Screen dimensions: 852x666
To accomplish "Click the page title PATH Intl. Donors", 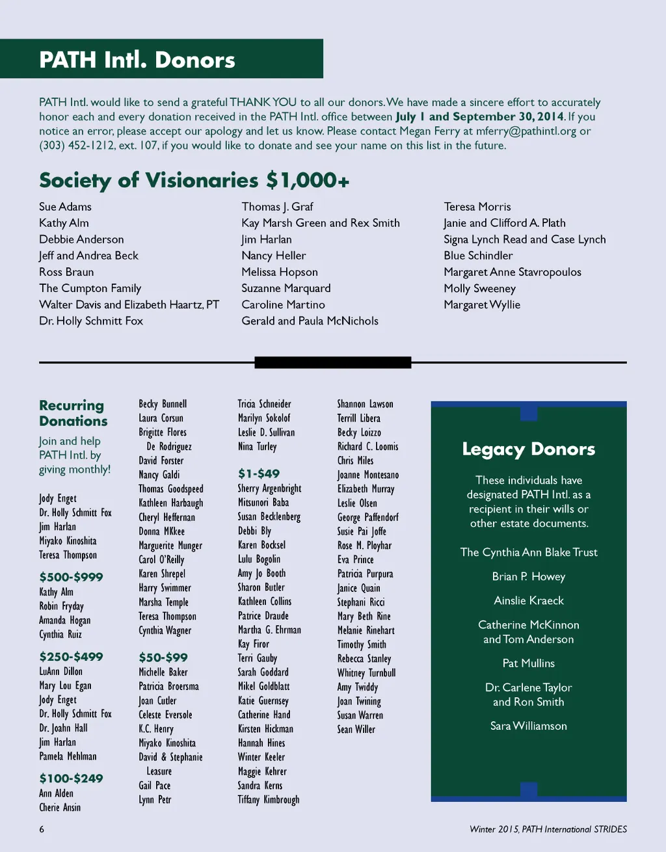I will pos(137,60).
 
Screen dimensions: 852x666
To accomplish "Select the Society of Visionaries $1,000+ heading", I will pos(194,180).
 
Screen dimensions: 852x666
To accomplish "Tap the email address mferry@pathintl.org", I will pos(526,131).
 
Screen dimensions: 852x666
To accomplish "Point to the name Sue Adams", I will pos(65,207).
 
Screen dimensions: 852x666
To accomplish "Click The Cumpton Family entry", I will pos(90,288).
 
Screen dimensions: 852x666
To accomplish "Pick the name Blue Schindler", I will pos(478,256).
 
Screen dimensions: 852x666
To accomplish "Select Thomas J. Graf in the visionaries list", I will pos(277,207).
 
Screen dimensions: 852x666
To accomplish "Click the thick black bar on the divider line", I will pos(332,362).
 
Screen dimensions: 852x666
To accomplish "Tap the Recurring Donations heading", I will pos(73,413).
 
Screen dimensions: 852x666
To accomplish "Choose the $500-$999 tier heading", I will pos(71,577).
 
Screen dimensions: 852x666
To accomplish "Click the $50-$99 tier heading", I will pos(163,658).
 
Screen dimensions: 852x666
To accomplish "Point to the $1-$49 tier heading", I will pos(258,473).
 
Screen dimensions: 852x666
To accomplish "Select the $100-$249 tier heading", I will pos(71,779).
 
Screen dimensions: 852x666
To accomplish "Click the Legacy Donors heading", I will pos(528,449).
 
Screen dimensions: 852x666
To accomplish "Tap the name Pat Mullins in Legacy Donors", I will pos(528,663).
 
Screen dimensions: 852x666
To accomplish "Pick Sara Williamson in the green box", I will pos(528,726).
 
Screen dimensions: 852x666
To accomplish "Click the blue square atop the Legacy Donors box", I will pos(529,412).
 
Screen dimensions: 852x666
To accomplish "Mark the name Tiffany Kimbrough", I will pos(268,800).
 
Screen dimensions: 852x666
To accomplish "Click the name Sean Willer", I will pos(356,730).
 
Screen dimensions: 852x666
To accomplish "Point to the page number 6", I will pos(42,829).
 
